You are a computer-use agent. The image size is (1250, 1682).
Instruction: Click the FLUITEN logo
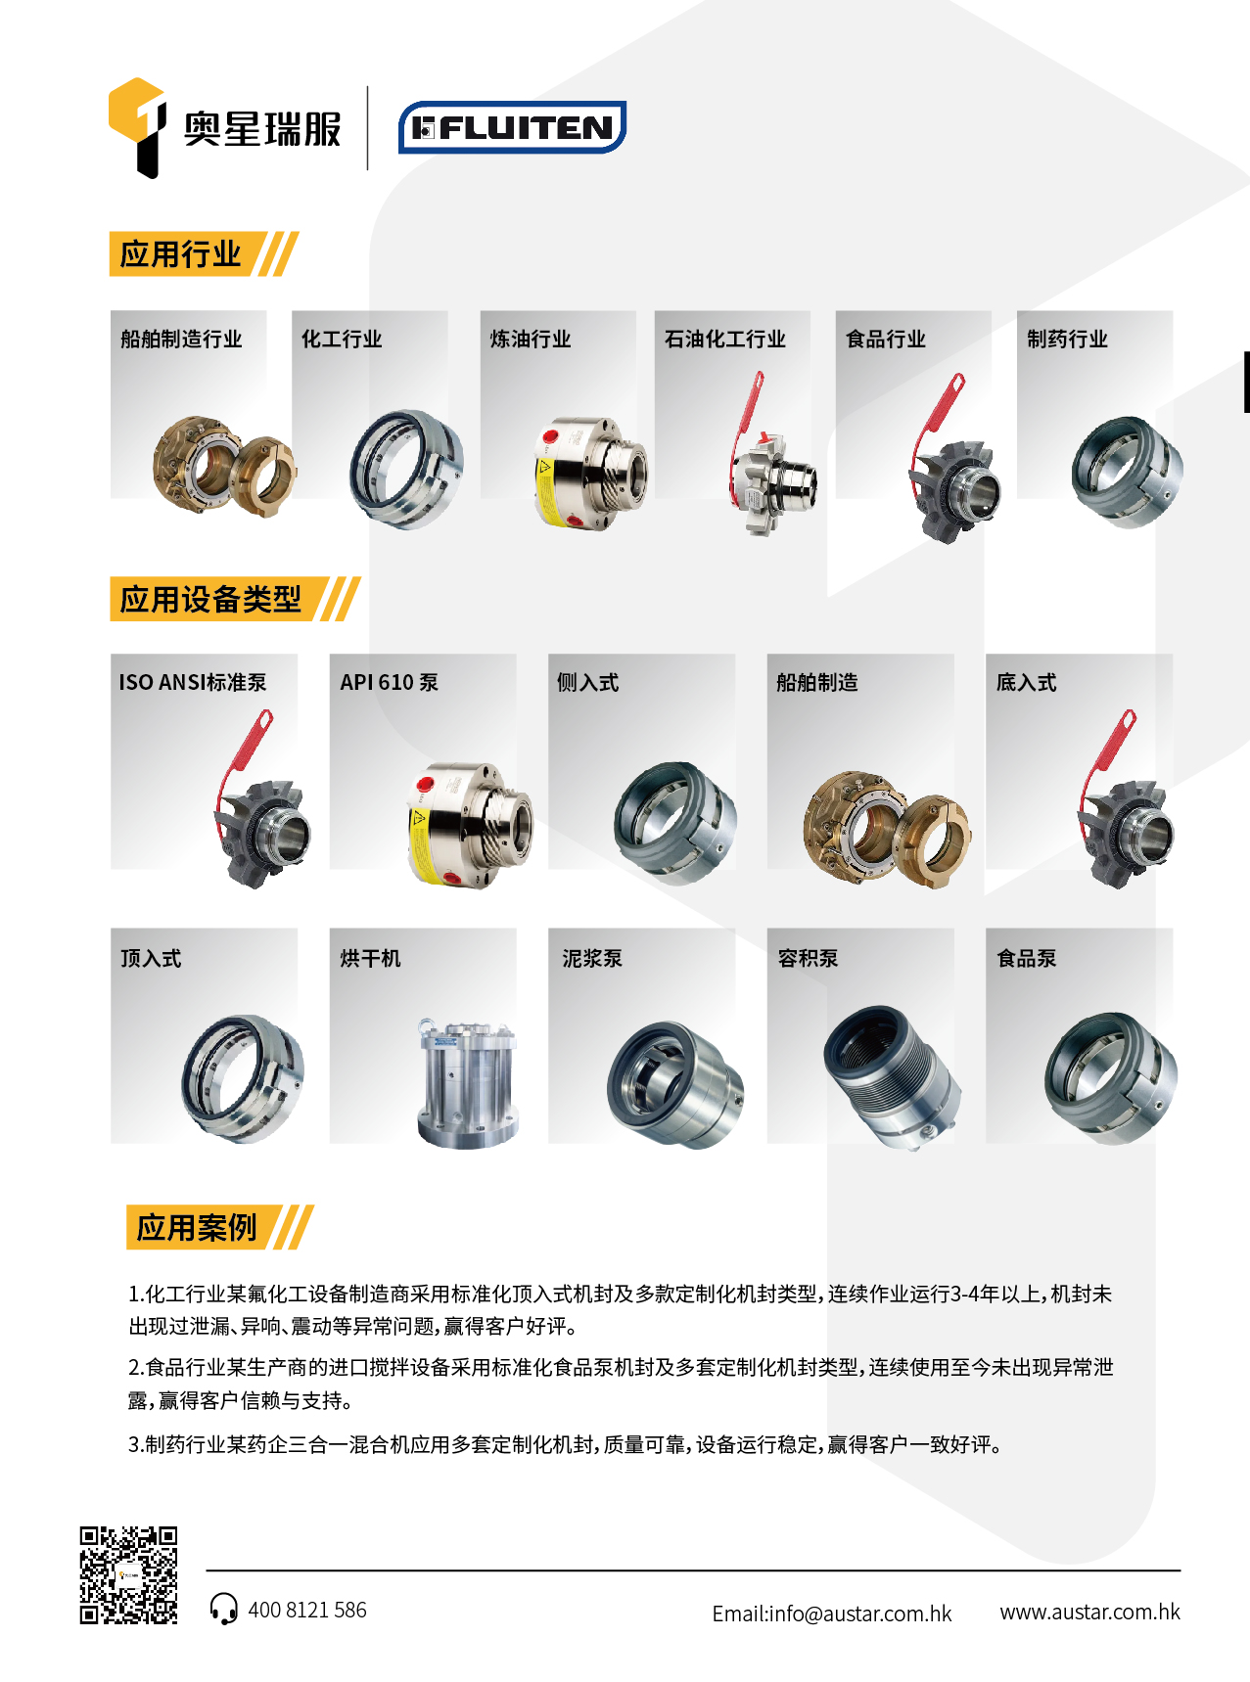(512, 127)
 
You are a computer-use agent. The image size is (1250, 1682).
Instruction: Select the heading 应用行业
(180, 254)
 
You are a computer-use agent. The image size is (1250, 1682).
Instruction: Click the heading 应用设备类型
(210, 599)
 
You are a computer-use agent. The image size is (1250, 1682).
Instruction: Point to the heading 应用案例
(197, 1227)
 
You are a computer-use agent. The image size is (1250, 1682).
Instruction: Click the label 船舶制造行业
(181, 340)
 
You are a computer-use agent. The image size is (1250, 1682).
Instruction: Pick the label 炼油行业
(531, 340)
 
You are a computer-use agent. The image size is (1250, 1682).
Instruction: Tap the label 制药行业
(1067, 340)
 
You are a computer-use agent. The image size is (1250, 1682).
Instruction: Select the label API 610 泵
(390, 683)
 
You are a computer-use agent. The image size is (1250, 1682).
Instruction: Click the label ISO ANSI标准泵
(193, 683)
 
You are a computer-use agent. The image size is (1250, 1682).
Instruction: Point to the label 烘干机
(370, 959)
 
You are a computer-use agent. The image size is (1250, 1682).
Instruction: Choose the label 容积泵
(808, 959)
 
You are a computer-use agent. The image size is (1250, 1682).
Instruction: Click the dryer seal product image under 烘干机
(467, 1083)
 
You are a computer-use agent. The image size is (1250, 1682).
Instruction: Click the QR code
(129, 1575)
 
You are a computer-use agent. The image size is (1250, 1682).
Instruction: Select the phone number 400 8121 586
(307, 1611)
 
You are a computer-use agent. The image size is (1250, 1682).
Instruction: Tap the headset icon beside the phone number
(223, 1609)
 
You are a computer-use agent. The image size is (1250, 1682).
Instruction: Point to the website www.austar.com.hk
(1089, 1612)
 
